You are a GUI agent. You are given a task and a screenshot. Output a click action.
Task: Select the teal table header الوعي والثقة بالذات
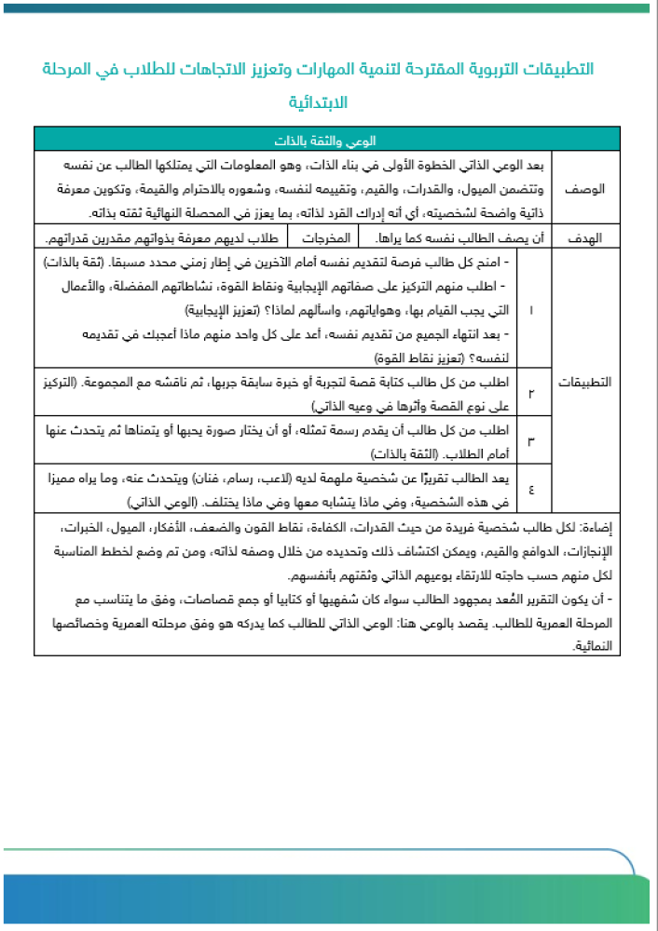(328, 141)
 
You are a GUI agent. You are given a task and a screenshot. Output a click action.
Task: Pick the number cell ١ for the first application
(531, 308)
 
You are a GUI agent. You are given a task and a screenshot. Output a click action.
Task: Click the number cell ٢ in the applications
(531, 392)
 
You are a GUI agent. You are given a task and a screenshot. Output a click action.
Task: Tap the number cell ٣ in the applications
(531, 440)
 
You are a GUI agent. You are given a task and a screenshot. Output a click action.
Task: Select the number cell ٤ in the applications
(531, 488)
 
